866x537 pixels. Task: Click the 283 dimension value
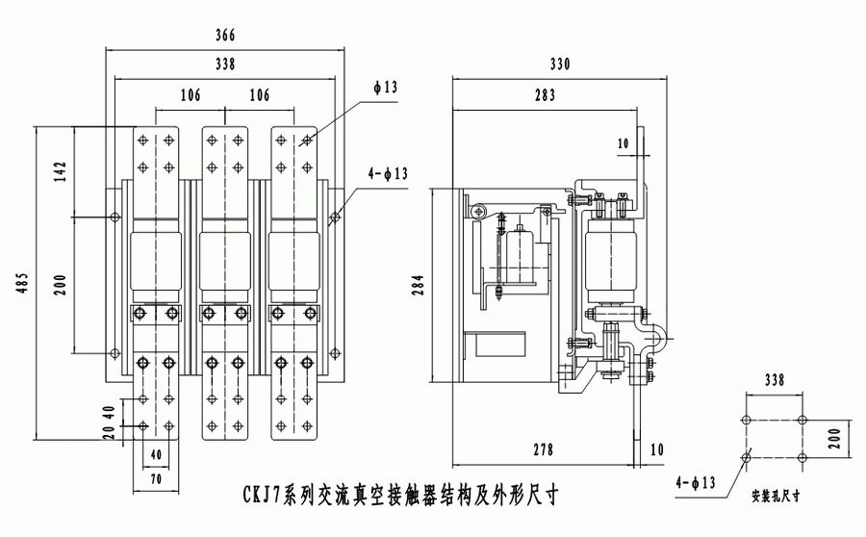pyautogui.click(x=544, y=94)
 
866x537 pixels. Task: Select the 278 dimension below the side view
pyautogui.click(x=544, y=449)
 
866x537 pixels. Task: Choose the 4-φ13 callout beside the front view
pyautogui.click(x=388, y=174)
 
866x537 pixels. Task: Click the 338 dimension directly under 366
pyautogui.click(x=225, y=64)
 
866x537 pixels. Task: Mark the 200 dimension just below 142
pyautogui.click(x=60, y=284)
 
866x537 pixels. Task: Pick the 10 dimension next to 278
pyautogui.click(x=656, y=449)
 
